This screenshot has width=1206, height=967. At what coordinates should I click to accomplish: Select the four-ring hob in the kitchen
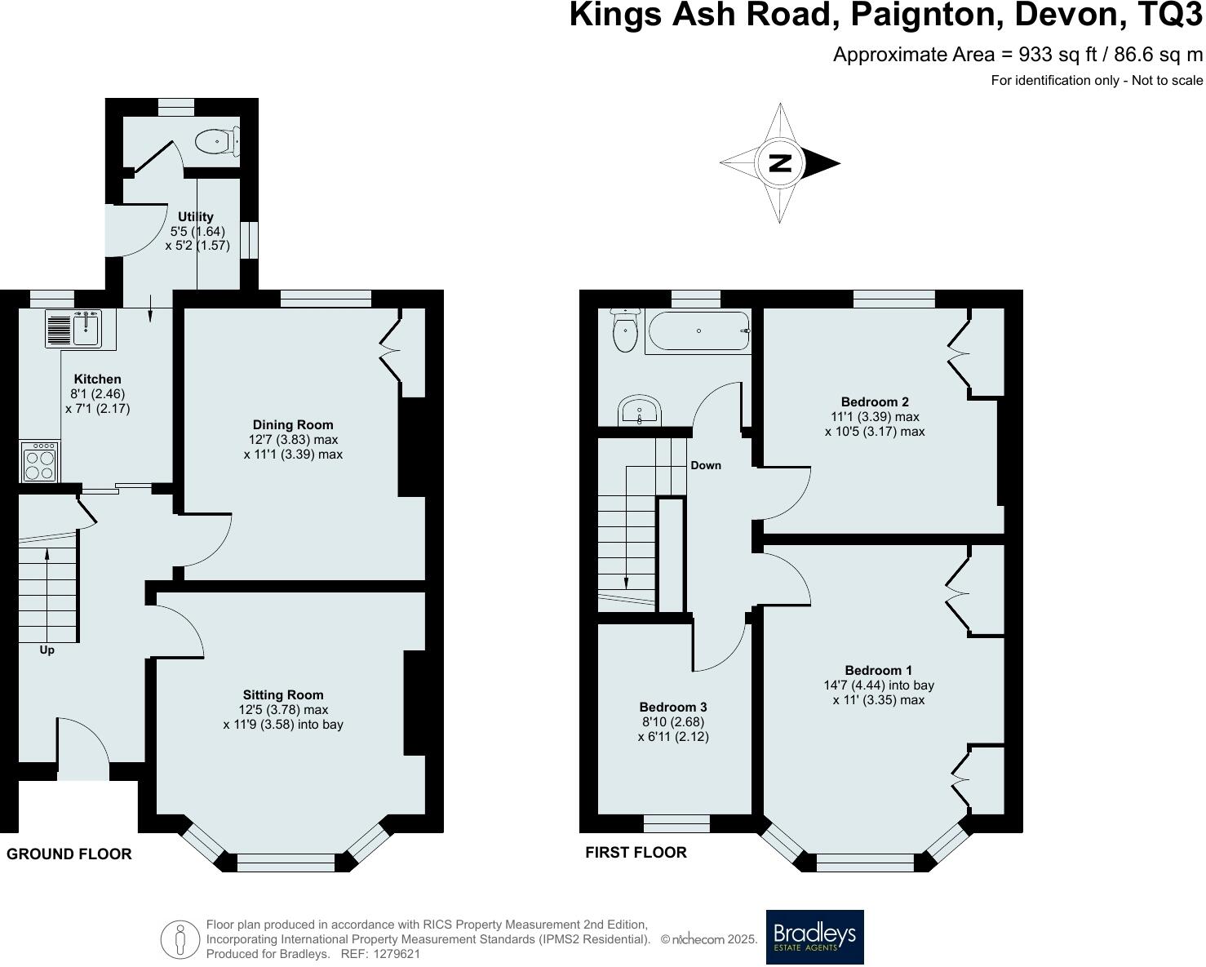pyautogui.click(x=40, y=463)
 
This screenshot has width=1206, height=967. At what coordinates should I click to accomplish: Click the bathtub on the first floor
pyautogui.click(x=698, y=331)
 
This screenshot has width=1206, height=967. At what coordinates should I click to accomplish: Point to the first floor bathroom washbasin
pyautogui.click(x=639, y=410)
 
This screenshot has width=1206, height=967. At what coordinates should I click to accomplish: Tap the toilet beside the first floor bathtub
pyautogui.click(x=625, y=331)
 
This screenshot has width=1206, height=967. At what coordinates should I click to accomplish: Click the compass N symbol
pyautogui.click(x=780, y=163)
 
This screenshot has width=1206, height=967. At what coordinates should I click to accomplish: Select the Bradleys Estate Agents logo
pyautogui.click(x=814, y=937)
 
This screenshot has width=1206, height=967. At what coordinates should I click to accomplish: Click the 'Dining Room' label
pyautogui.click(x=293, y=424)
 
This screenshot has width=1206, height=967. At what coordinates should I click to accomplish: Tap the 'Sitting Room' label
pyautogui.click(x=282, y=695)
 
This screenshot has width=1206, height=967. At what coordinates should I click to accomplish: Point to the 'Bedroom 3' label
pyautogui.click(x=673, y=708)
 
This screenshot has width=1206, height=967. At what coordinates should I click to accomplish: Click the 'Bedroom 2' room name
pyautogui.click(x=875, y=401)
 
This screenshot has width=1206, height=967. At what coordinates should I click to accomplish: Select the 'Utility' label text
pyautogui.click(x=196, y=216)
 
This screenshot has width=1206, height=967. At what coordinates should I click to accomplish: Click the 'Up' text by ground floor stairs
pyautogui.click(x=47, y=650)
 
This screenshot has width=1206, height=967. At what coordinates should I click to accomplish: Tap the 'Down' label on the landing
pyautogui.click(x=706, y=465)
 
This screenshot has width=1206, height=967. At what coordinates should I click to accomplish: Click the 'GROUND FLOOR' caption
pyautogui.click(x=69, y=854)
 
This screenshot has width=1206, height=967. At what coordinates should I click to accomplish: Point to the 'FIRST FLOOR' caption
pyautogui.click(x=636, y=853)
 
